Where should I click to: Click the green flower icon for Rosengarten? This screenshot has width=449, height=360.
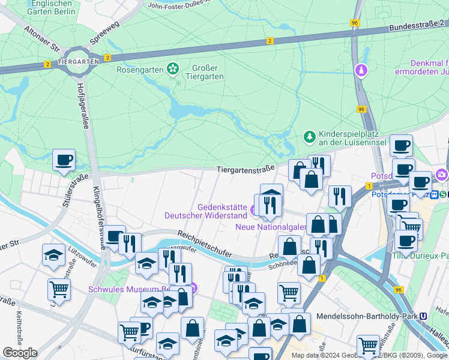[x=173, y=70]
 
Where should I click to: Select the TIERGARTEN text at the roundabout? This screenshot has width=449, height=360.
[x=79, y=62]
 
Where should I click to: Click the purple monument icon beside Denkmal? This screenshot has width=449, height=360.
[x=361, y=71]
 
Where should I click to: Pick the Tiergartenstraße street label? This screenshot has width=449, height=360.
[x=246, y=169]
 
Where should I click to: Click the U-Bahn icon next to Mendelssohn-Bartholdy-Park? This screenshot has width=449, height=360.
[x=424, y=316]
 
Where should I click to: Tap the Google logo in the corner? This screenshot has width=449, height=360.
[x=20, y=353]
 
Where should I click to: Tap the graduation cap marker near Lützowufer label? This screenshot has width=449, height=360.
[x=54, y=255]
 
